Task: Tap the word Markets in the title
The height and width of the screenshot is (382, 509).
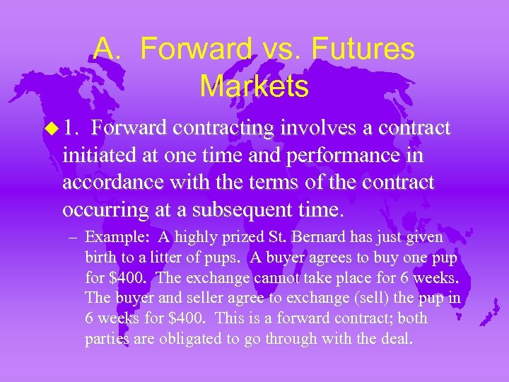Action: pyautogui.click(x=254, y=86)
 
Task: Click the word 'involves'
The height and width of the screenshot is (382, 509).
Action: pyautogui.click(x=313, y=129)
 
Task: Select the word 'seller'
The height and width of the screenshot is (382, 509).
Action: pyautogui.click(x=197, y=299)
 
